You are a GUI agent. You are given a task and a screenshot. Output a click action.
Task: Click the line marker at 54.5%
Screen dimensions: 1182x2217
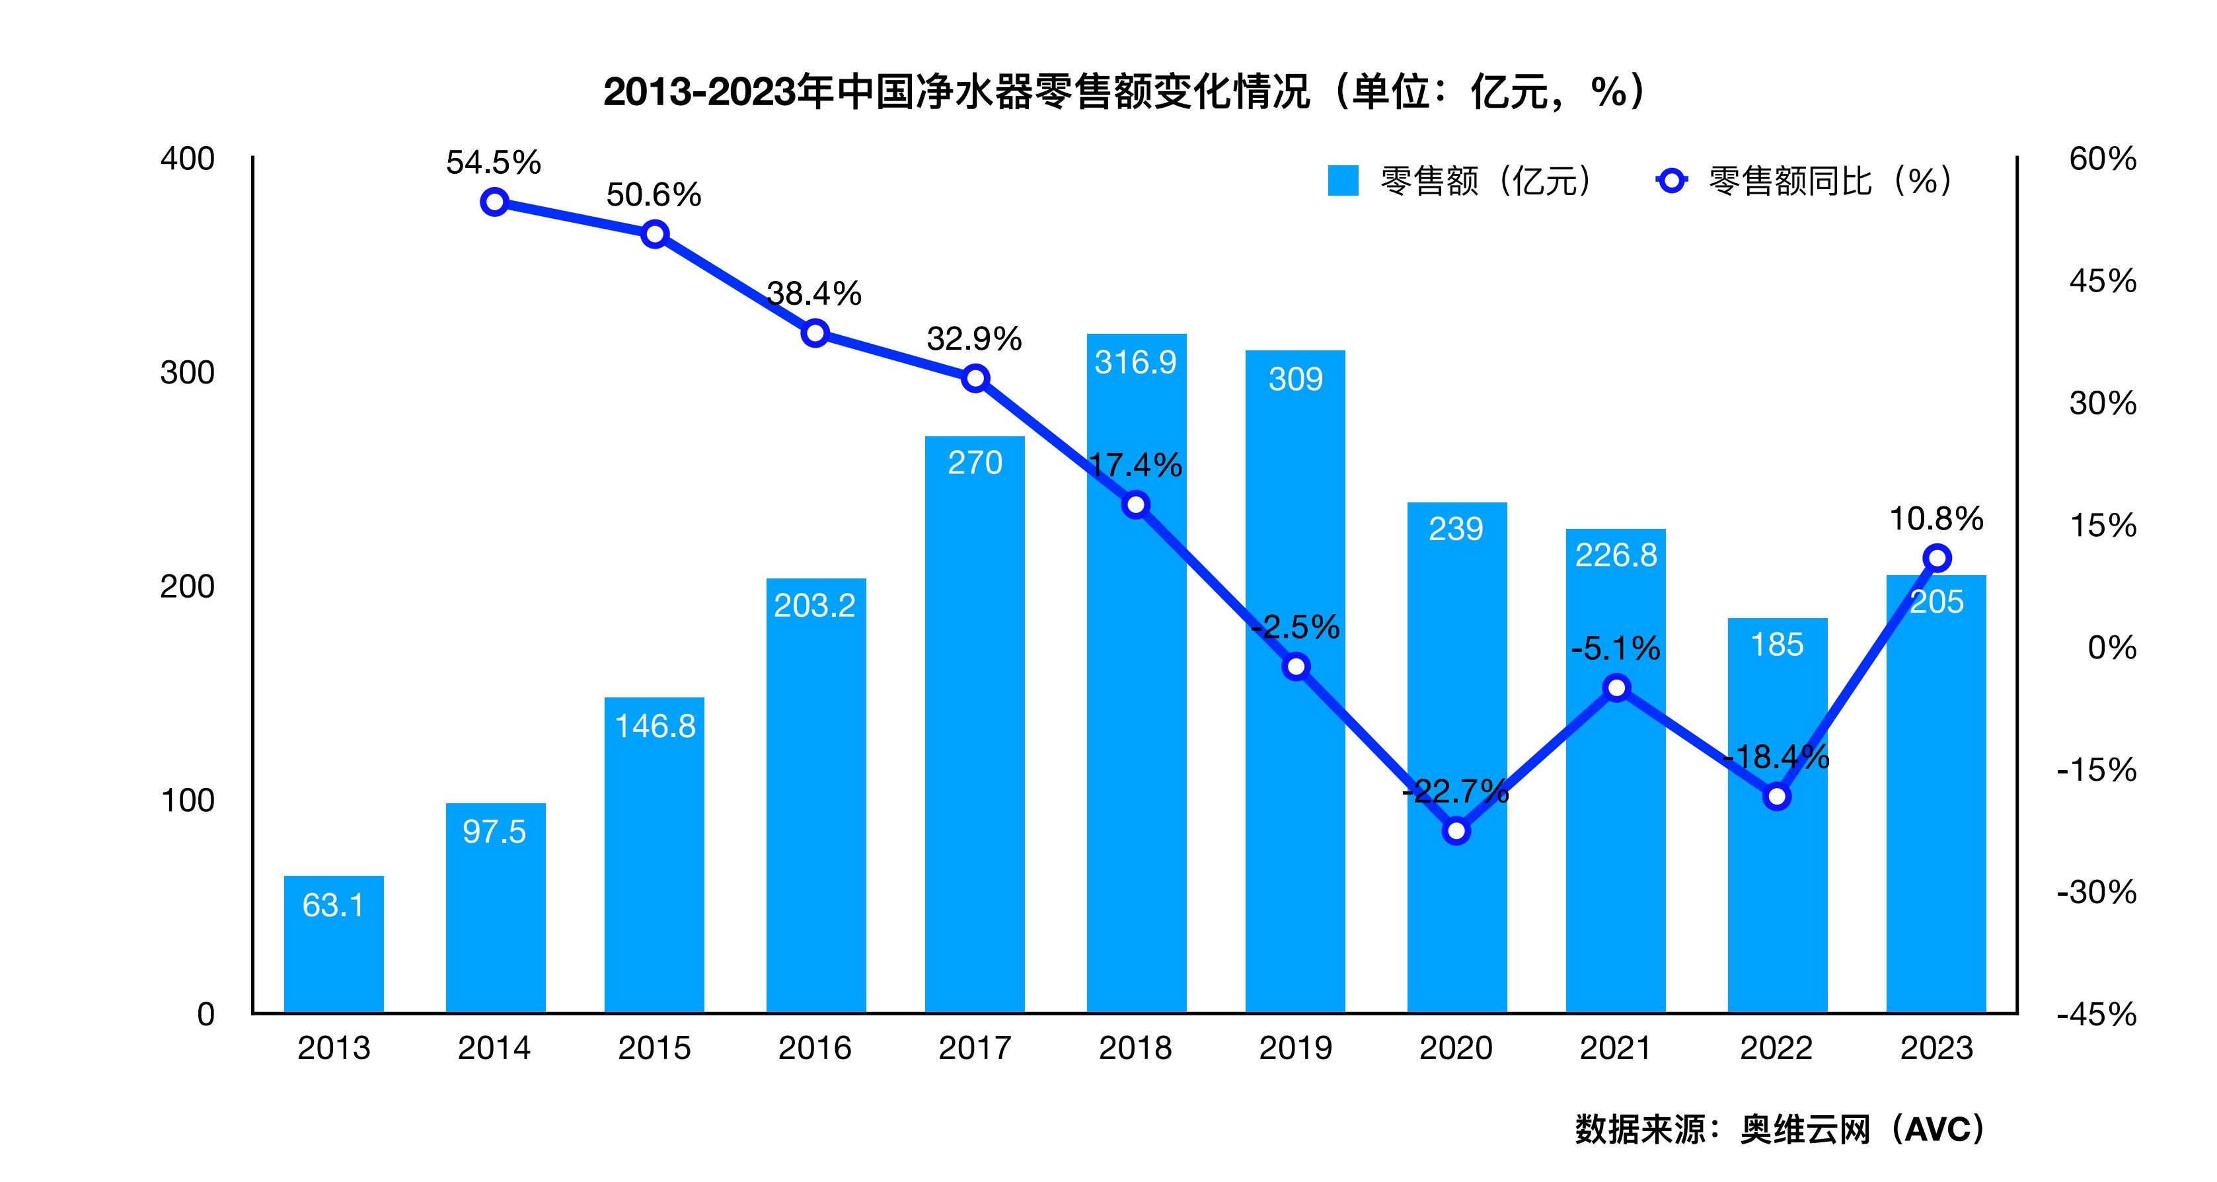pos(494,202)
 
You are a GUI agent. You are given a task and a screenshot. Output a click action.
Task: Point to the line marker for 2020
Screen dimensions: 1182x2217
pos(1456,832)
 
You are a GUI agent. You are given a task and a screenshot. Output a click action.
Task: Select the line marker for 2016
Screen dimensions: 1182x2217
pos(815,333)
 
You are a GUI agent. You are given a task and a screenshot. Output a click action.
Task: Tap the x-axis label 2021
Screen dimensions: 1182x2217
pos(1616,1048)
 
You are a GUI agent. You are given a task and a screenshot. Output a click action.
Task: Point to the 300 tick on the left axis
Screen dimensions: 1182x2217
pos(188,373)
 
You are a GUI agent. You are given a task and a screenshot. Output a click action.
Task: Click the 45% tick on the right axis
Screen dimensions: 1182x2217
pos(2103,282)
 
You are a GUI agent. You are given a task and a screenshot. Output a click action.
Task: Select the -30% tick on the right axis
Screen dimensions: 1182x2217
pos(2097,892)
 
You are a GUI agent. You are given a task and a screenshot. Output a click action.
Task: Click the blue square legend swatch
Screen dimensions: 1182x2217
pos(1343,180)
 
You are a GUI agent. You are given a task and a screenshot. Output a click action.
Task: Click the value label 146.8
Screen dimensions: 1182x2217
pos(655,727)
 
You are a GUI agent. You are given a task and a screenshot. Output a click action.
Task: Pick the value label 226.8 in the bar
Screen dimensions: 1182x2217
pos(1616,555)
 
